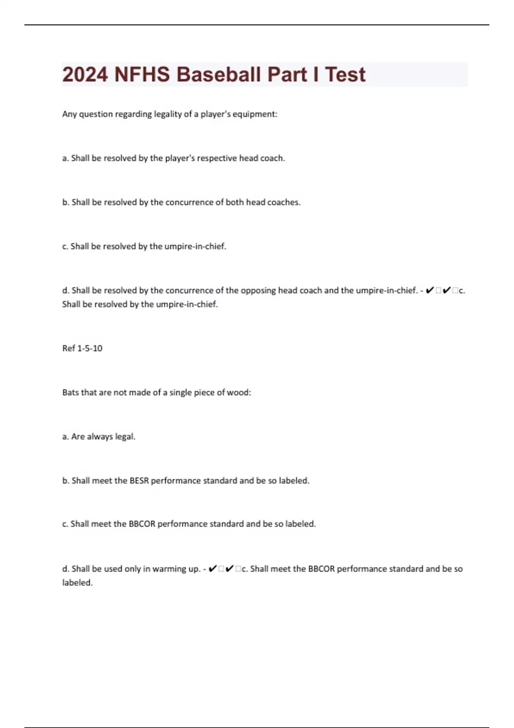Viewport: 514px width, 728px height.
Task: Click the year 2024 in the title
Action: pyautogui.click(x=85, y=75)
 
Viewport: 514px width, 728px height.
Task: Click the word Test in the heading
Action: pyautogui.click(x=345, y=75)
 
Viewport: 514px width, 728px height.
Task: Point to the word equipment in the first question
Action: pyautogui.click(x=254, y=114)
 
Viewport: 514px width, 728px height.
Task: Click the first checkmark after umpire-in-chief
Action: pyautogui.click(x=430, y=290)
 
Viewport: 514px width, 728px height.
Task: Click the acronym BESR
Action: pyautogui.click(x=139, y=480)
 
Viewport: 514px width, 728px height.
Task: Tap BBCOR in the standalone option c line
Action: pyautogui.click(x=142, y=524)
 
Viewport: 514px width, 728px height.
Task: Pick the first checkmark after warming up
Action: pyautogui.click(x=212, y=569)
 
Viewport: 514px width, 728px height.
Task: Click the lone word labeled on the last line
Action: pyautogui.click(x=77, y=583)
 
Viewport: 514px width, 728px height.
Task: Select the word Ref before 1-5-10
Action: pyautogui.click(x=69, y=348)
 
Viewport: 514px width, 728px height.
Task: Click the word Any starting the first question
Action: pyautogui.click(x=69, y=114)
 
